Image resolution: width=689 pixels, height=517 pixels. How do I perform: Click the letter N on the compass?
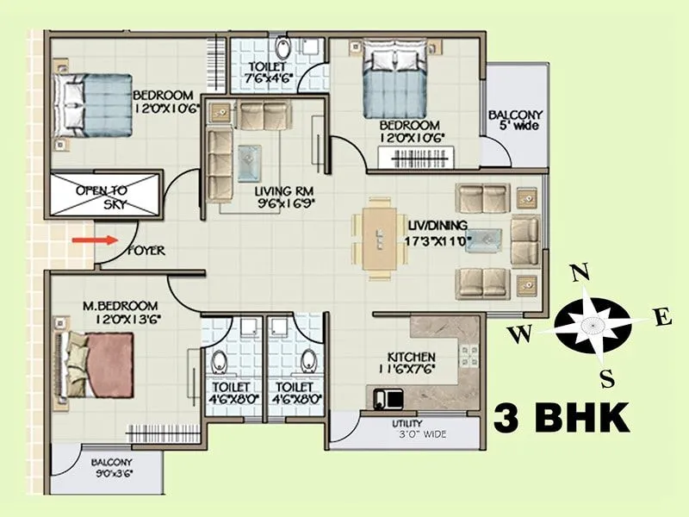point(580,273)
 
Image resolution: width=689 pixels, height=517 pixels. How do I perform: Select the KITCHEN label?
point(412,357)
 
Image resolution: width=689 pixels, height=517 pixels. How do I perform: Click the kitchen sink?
point(386,397)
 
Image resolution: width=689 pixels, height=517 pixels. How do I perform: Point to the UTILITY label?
point(406,424)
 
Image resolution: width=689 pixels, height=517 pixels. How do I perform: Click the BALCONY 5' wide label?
point(515,121)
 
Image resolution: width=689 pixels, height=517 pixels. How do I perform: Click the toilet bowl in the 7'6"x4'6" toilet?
point(282,47)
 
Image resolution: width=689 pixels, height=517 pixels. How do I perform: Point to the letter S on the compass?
point(606,377)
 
